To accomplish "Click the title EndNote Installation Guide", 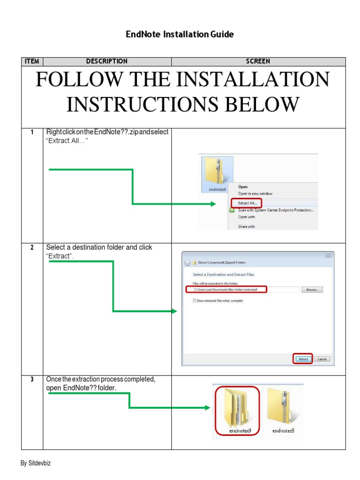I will point(180,34).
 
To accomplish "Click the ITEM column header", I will point(32,61).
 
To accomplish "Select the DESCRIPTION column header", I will point(107,61).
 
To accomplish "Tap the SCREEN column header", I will point(258,61).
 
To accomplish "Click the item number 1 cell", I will point(32,132).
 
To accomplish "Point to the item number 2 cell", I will point(32,247).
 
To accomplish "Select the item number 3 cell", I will point(32,380).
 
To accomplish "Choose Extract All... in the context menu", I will point(247,203).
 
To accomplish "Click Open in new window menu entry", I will point(255,194).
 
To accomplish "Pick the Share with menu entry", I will point(247,226).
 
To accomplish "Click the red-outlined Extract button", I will point(303,359).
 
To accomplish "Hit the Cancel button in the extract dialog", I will point(322,359).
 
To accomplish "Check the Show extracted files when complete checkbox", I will point(195,301).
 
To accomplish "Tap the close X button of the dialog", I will point(328,255).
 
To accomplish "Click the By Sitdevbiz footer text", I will point(36,463).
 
